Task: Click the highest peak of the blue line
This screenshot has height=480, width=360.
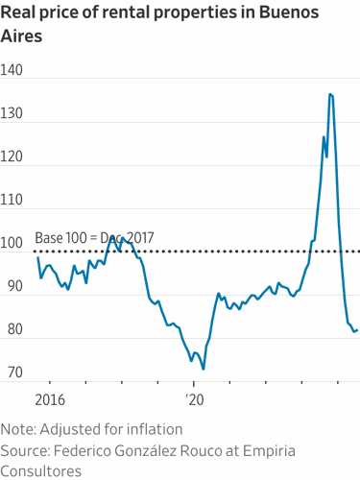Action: click(330, 94)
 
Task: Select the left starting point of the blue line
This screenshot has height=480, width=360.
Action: click(37, 257)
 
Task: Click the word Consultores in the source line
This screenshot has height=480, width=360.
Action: click(41, 470)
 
